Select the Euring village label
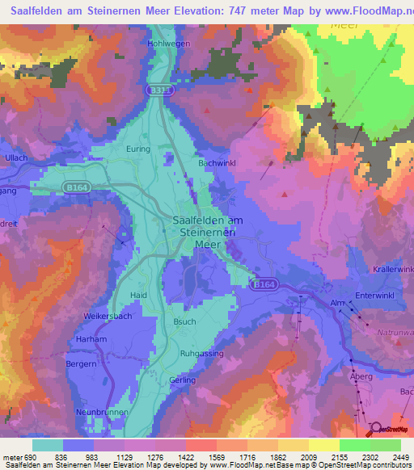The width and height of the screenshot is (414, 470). click(140, 149)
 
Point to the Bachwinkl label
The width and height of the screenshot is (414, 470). click(216, 162)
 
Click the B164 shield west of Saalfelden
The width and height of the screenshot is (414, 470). click(76, 187)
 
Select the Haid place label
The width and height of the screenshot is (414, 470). click(139, 296)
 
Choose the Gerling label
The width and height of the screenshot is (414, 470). click(183, 380)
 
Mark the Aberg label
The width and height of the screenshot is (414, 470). click(360, 377)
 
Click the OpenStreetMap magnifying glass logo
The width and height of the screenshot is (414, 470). click(374, 428)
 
